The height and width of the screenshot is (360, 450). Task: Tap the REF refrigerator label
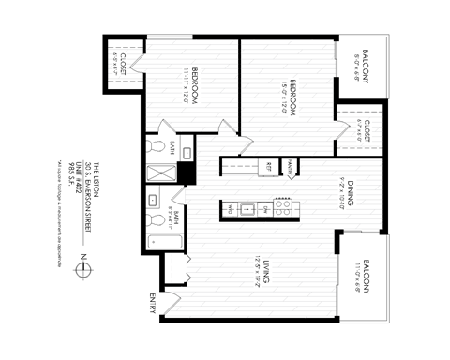coord(270,167)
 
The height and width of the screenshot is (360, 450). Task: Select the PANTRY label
coord(292,167)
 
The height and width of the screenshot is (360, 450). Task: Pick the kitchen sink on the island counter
coord(248,209)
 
